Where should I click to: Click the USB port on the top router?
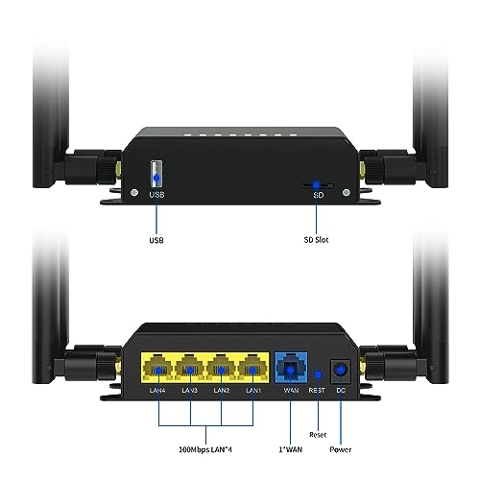(x=156, y=175)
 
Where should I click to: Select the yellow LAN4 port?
(x=156, y=367)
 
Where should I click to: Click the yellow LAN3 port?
(x=190, y=367)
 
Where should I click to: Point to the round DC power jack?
(x=340, y=369)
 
